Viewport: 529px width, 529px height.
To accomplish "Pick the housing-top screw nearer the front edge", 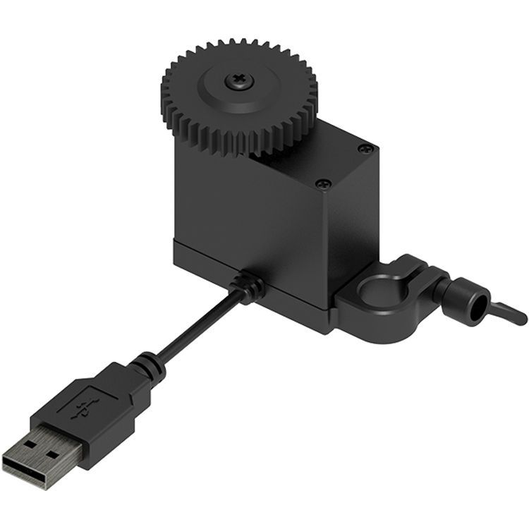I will [324, 184].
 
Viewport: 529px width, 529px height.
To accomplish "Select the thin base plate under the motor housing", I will [282, 296].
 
